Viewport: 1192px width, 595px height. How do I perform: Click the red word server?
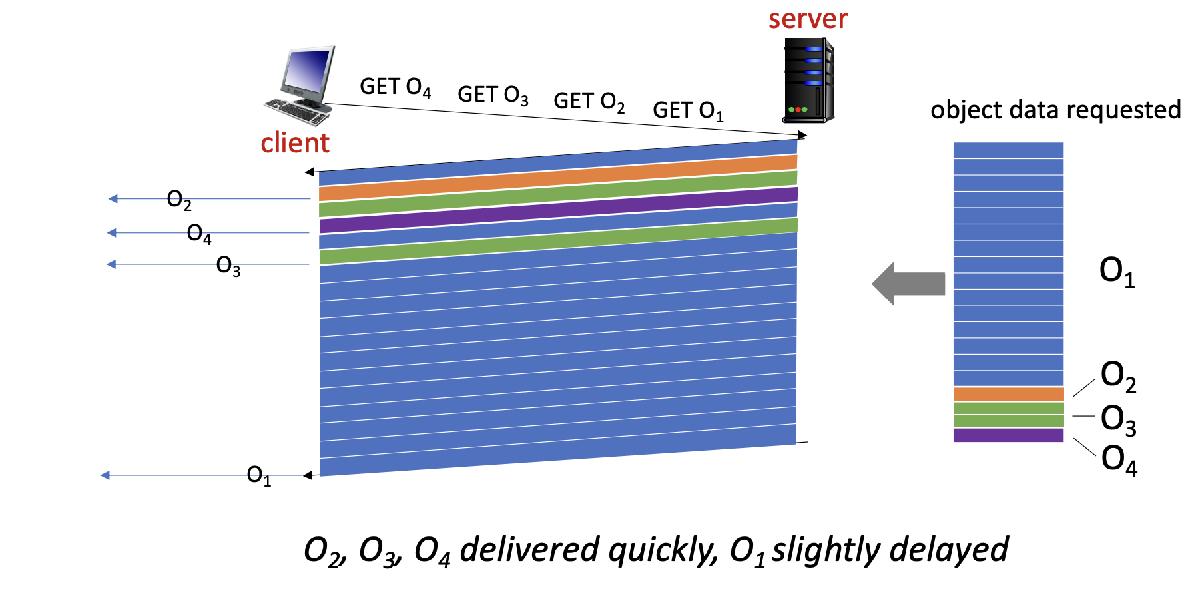[x=808, y=19]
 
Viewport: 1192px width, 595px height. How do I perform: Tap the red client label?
[x=295, y=143]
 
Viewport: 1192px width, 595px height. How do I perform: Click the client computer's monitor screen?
[x=308, y=71]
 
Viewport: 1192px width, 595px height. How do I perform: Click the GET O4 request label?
[x=395, y=87]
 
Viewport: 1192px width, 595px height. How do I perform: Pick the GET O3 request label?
[x=493, y=95]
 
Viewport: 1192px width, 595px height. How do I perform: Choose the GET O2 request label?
[x=589, y=102]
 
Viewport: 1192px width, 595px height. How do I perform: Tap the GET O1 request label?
[x=687, y=110]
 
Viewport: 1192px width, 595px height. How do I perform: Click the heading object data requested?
[x=1055, y=110]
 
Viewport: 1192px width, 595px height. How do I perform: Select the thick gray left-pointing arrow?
[x=908, y=284]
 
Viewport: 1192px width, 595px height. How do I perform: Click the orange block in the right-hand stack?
[x=1008, y=394]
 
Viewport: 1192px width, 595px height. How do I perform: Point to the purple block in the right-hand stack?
[x=1008, y=435]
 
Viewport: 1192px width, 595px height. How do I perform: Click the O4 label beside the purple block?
[x=1119, y=459]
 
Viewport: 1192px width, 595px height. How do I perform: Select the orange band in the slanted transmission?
[x=558, y=178]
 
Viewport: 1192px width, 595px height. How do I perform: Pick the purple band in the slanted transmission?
[x=558, y=210]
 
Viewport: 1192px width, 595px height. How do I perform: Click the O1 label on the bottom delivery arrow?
[x=258, y=475]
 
